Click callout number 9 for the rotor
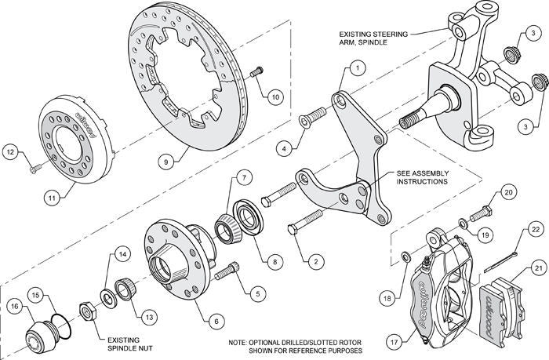(x=165, y=162)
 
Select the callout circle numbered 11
(x=51, y=199)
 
